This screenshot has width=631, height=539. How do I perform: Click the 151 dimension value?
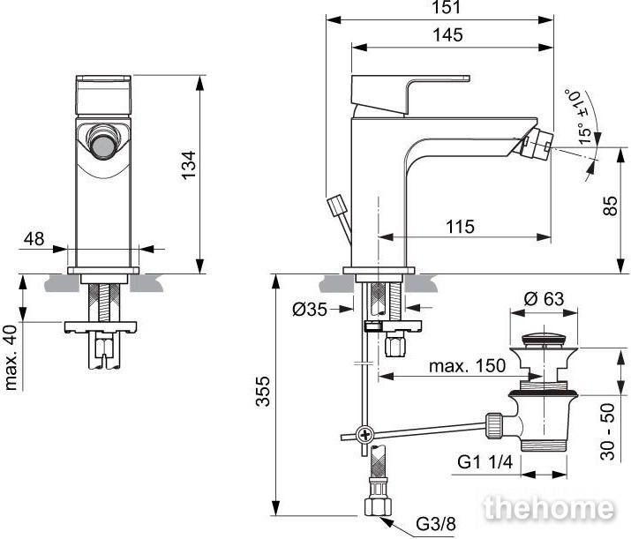pos(447,7)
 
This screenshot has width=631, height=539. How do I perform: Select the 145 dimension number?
pos(447,35)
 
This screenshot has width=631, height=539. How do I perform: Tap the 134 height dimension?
pos(188,165)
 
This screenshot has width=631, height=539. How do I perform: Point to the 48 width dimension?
pos(34,239)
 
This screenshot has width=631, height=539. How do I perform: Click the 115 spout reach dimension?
pos(460,227)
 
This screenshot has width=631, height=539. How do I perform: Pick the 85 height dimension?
pos(610,206)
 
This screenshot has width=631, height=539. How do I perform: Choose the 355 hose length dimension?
pos(263,391)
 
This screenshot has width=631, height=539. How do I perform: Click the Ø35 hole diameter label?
pos(310,310)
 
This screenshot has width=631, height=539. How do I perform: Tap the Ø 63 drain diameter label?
pos(545,299)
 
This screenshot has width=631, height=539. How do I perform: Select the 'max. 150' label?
pos(467,366)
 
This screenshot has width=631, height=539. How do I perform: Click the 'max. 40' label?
pos(11,357)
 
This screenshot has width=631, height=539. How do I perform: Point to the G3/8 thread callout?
pos(436,524)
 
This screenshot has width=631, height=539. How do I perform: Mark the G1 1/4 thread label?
pos(485,461)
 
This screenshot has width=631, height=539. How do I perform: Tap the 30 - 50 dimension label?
pos(608,431)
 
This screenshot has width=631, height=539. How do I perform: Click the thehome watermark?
pos(549,508)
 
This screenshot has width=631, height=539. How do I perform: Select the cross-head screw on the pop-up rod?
pos(365,434)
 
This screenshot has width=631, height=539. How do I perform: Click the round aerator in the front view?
pos(103,145)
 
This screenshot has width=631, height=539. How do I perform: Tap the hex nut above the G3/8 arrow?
pos(378,506)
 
